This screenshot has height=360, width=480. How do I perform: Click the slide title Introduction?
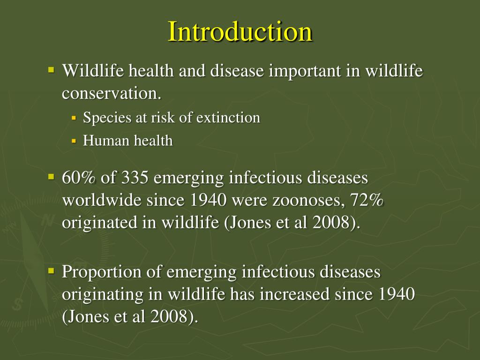pyautogui.click(x=240, y=32)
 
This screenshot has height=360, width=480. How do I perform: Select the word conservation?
pyautogui.click(x=112, y=93)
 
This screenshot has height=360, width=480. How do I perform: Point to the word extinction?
pyautogui.click(x=228, y=118)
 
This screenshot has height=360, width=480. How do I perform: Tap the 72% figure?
pyautogui.click(x=367, y=201)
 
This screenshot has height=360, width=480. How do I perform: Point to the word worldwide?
pyautogui.click(x=102, y=201)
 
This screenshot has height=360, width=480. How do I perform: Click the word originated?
pyautogui.click(x=99, y=223)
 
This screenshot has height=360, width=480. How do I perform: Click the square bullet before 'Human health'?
pyautogui.click(x=74, y=141)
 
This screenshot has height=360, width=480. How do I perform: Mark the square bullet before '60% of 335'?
pyautogui.click(x=52, y=177)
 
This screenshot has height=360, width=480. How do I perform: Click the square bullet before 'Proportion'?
pyautogui.click(x=52, y=271)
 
